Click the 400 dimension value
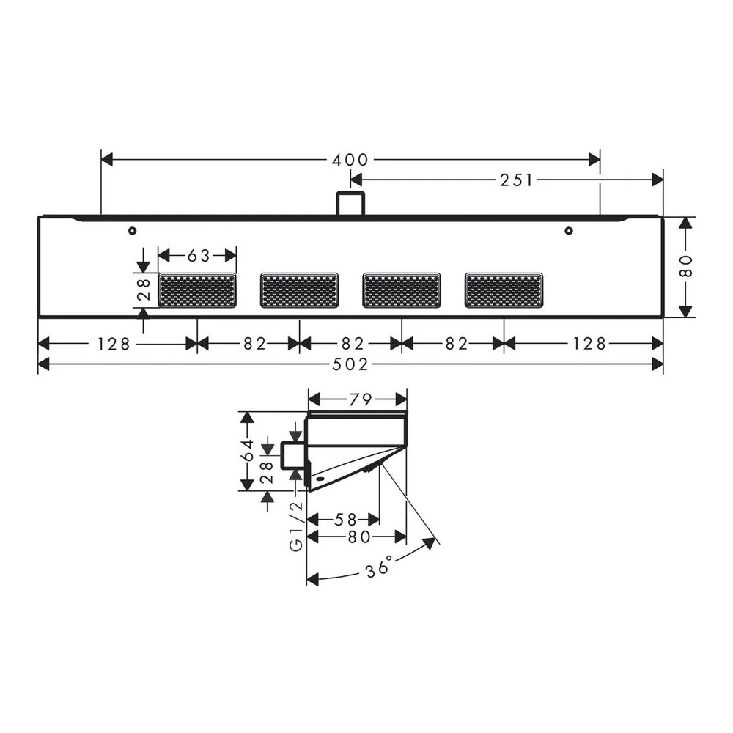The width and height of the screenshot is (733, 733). (350, 160)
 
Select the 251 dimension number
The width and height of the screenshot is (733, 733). (517, 180)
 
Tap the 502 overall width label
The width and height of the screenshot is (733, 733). (350, 364)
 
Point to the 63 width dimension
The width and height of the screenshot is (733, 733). (199, 256)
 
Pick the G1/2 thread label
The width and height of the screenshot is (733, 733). (296, 526)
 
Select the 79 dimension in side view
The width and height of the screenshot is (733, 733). (361, 399)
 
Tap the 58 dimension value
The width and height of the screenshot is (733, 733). (345, 520)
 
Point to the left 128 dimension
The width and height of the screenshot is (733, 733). (113, 345)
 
